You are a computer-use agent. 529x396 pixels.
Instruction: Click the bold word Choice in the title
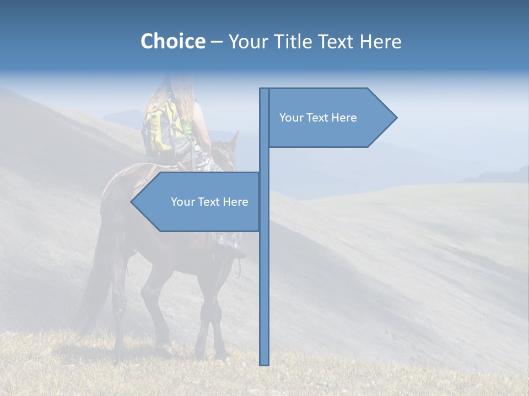(x=172, y=41)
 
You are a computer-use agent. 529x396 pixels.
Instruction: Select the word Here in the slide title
(x=381, y=41)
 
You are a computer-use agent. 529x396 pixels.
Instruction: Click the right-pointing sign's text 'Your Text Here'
(x=318, y=118)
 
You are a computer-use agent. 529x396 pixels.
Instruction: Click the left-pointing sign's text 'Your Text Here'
(x=209, y=202)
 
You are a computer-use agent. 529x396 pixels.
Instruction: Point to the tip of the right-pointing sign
(x=396, y=117)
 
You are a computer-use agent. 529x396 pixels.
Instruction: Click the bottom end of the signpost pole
(x=264, y=363)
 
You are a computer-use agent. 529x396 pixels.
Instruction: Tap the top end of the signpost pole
(x=264, y=90)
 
